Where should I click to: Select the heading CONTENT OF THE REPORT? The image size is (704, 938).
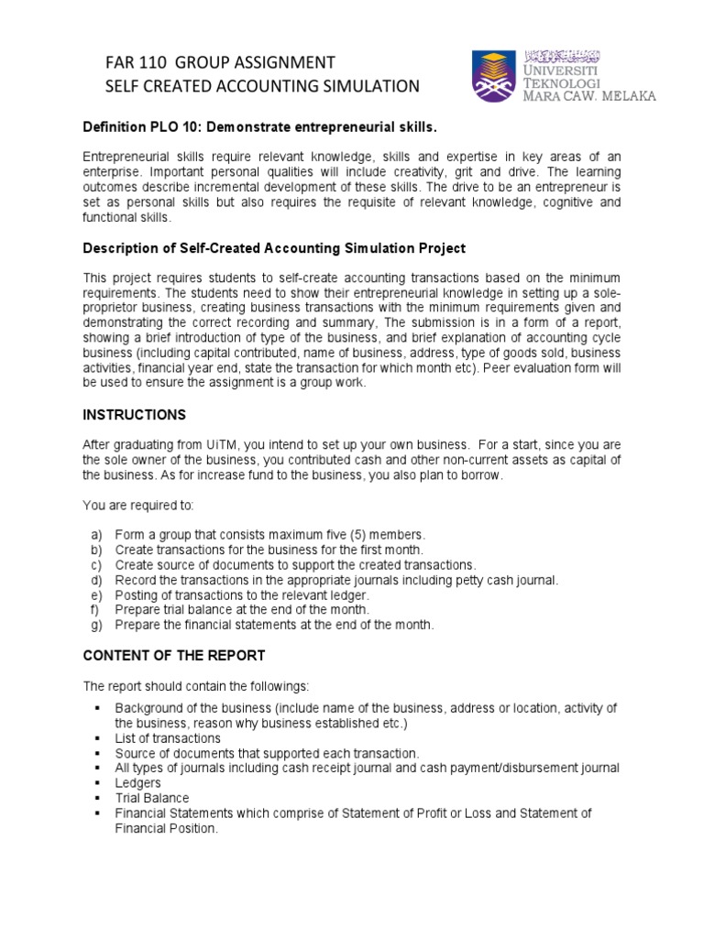pyautogui.click(x=174, y=655)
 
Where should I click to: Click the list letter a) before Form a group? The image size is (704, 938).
pyautogui.click(x=95, y=534)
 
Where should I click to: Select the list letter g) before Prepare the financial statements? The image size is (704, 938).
pyautogui.click(x=95, y=626)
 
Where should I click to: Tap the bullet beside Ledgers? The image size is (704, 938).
pyautogui.click(x=96, y=783)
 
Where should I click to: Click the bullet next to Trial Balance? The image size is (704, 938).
pyautogui.click(x=96, y=798)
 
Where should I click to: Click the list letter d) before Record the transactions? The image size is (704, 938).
pyautogui.click(x=95, y=580)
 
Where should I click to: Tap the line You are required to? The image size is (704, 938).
pyautogui.click(x=139, y=505)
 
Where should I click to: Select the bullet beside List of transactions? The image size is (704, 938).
pyautogui.click(x=96, y=738)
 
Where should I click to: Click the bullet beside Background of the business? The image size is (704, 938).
pyautogui.click(x=96, y=708)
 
